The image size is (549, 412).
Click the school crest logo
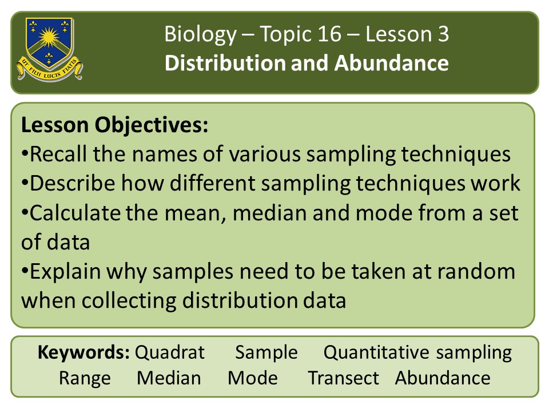49,49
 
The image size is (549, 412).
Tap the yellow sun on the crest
49,37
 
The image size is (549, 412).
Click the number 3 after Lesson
443,34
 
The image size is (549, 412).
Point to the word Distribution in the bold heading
225,63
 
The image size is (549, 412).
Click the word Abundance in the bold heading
391,63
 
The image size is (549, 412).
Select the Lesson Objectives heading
114,125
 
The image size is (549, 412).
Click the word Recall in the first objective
58,154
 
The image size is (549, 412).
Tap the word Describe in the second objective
72,183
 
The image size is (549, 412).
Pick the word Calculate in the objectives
75,213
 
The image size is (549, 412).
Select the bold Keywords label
83,352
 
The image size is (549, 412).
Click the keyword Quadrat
170,352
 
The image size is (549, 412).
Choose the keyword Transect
344,378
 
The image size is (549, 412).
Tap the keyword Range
85,379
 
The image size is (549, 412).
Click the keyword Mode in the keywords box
253,378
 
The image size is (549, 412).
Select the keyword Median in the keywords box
169,378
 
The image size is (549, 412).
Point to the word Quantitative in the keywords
376,352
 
